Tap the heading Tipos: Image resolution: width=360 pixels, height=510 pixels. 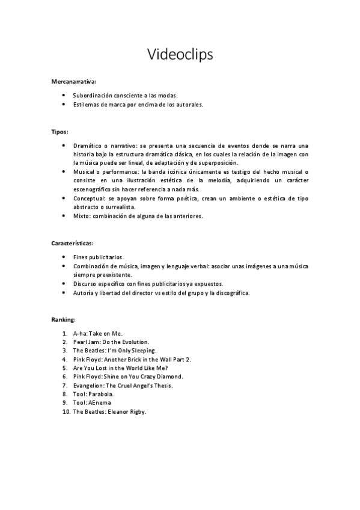[x=59, y=131]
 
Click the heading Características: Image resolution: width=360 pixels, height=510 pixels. [x=72, y=243]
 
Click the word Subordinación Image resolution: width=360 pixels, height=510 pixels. [x=91, y=96]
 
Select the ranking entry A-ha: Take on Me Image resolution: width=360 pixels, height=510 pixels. [x=97, y=333]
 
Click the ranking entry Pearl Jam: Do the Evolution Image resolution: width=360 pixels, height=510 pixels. [x=111, y=342]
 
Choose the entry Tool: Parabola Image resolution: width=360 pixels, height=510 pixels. [x=93, y=394]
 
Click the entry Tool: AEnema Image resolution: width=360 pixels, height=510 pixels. [x=92, y=402]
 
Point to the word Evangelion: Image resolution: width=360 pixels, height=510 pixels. [x=89, y=385]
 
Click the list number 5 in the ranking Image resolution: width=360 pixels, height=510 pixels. [x=64, y=367]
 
